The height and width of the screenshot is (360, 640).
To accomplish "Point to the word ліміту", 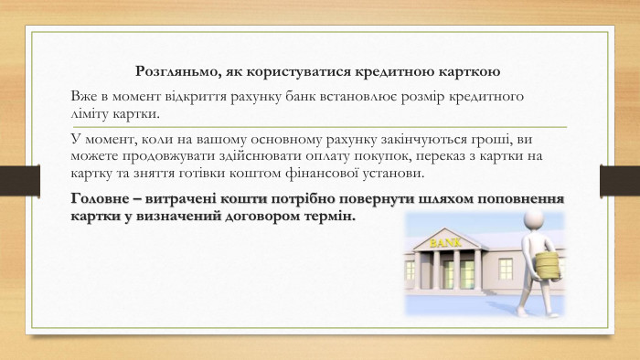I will pyautogui.click(x=91, y=114).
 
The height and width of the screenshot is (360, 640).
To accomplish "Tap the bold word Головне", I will pyautogui.click(x=103, y=198).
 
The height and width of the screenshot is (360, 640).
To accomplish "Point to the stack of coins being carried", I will pyautogui.click(x=546, y=266).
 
